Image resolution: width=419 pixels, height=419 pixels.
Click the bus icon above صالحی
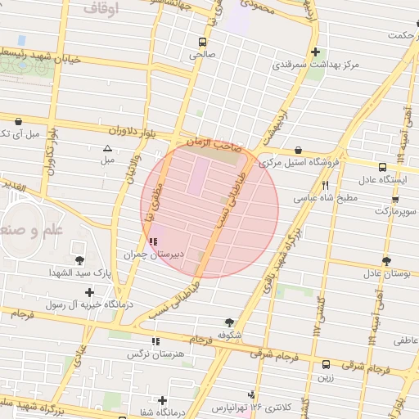click(202, 42)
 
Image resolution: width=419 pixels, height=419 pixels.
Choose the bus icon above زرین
click(327, 365)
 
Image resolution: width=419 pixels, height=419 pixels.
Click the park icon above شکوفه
click(228, 322)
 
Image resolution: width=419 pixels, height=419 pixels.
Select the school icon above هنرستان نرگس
click(155, 342)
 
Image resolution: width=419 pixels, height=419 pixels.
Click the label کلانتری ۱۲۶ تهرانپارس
click(249, 407)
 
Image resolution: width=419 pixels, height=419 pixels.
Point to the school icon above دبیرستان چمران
click(154, 241)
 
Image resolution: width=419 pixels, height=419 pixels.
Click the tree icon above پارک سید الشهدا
click(79, 260)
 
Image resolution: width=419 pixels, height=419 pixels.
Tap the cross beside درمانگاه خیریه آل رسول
click(89, 292)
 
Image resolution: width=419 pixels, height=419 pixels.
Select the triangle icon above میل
click(107, 148)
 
